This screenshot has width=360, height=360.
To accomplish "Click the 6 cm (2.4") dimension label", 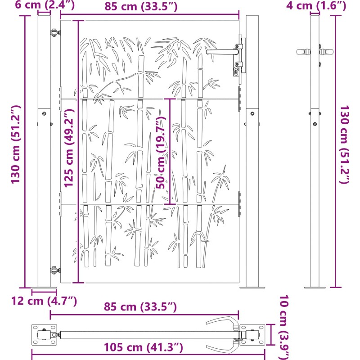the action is pos(45,5).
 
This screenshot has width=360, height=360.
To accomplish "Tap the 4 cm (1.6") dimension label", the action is pos(316,5).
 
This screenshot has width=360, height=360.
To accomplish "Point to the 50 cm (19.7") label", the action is pos(161,153).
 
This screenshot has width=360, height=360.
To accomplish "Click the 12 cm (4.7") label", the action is pos(44,301).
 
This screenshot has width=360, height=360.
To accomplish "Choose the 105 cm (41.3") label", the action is pos(144,347).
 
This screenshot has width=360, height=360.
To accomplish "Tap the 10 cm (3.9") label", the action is pos(284,327).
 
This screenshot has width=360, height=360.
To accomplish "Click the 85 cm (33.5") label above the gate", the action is pos(141,7).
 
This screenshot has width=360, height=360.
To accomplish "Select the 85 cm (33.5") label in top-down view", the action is pos(140,307).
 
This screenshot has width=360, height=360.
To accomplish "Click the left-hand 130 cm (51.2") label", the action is pos(16,144).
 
